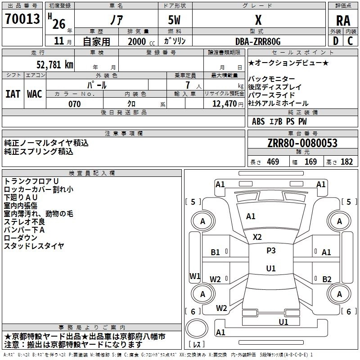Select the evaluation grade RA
click(x=343, y=20)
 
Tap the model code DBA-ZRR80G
click(x=258, y=41)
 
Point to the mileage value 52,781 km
click(x=50, y=64)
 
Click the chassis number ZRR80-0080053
click(x=302, y=144)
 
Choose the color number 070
click(x=75, y=104)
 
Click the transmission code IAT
click(x=13, y=94)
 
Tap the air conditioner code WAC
click(x=35, y=94)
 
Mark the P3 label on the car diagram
click(x=271, y=251)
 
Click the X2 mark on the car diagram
click(x=257, y=237)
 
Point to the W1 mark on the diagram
click(x=194, y=276)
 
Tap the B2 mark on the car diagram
click(x=327, y=279)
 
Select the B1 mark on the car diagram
click(x=216, y=252)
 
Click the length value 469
click(x=272, y=162)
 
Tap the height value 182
click(x=346, y=162)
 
